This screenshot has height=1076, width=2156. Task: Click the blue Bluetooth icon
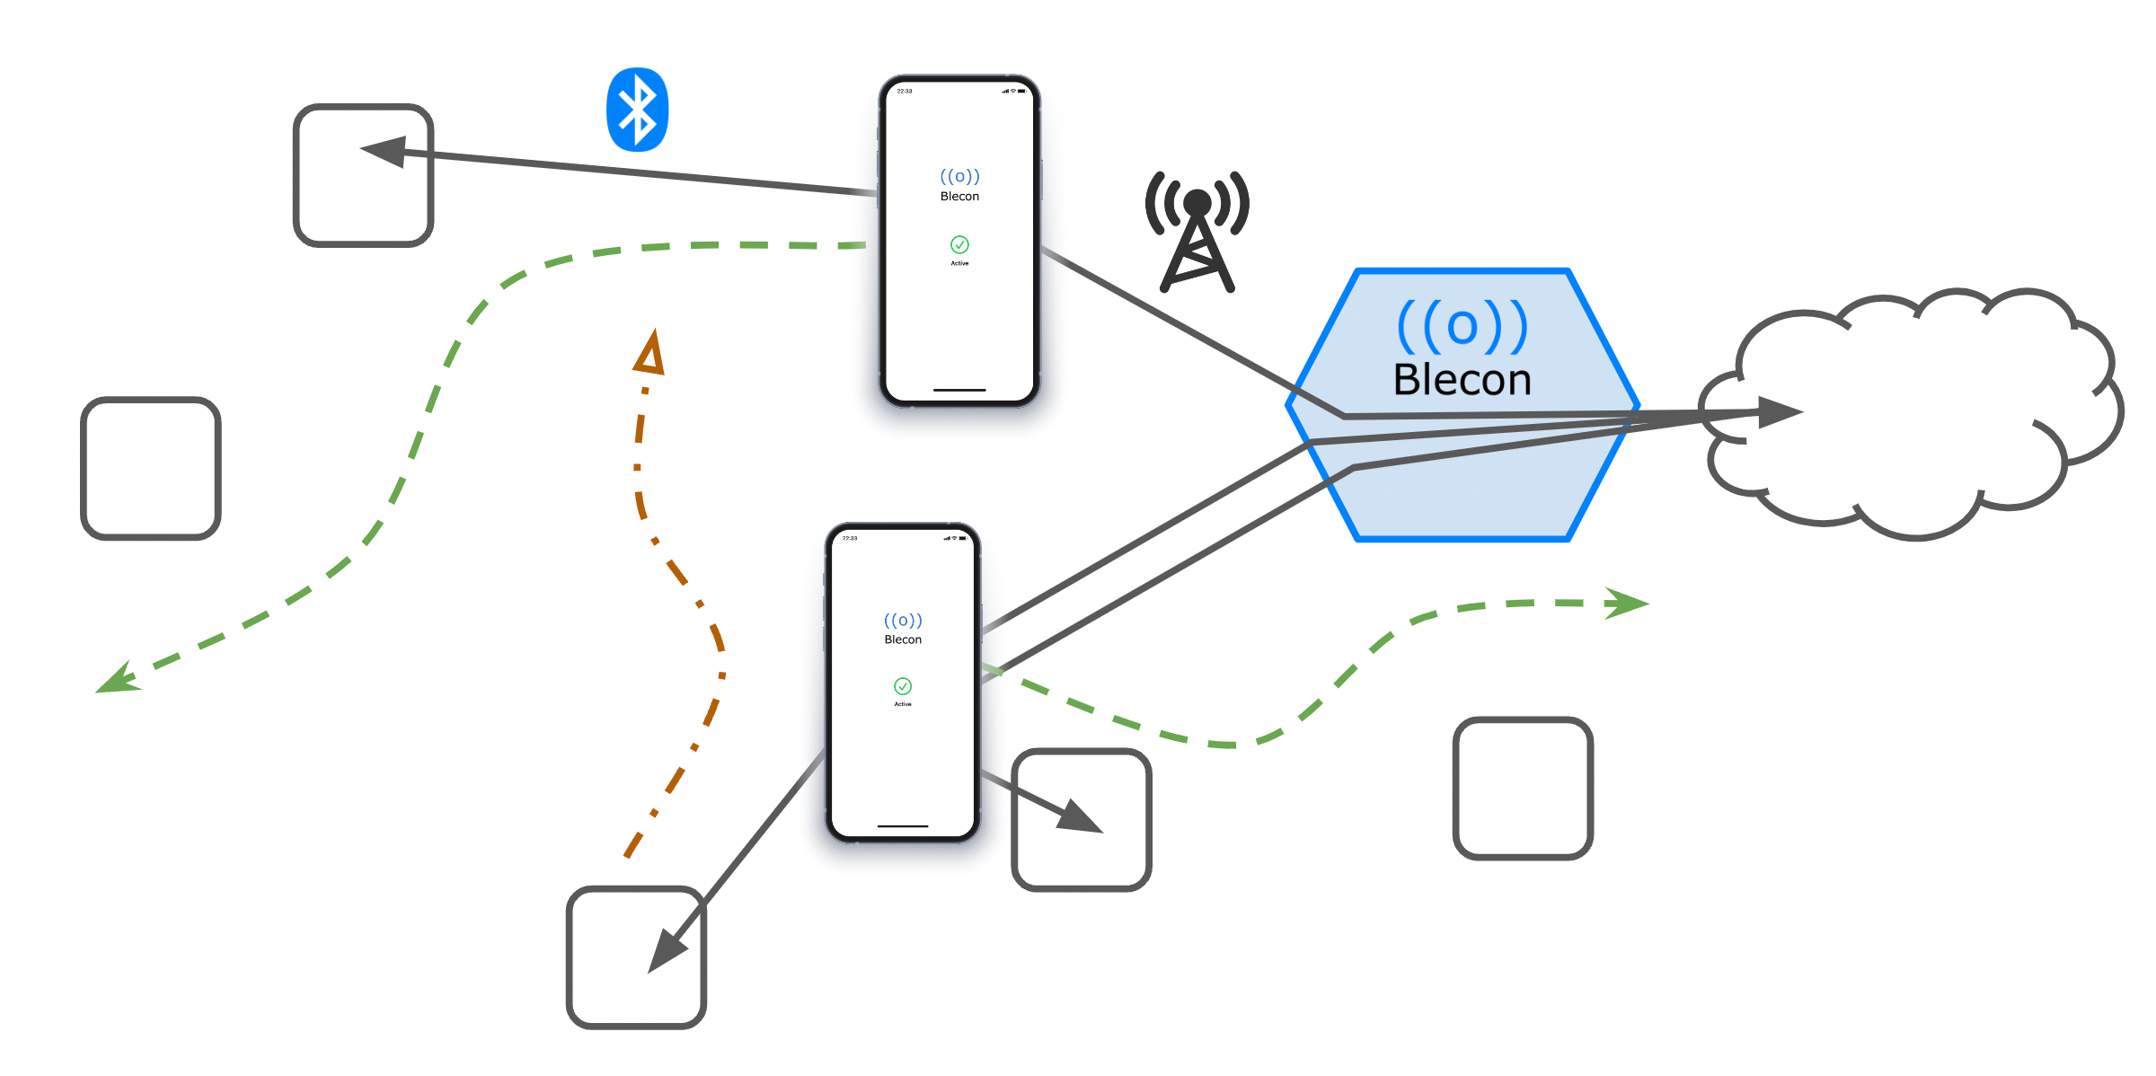(637, 110)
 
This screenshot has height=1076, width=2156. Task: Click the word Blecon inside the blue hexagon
(1462, 380)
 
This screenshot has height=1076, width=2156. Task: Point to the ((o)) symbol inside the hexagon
(1462, 326)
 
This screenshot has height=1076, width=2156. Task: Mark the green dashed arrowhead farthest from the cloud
(118, 679)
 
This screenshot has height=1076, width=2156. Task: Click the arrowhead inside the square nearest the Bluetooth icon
(384, 151)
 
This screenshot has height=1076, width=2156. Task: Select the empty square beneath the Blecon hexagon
(1523, 788)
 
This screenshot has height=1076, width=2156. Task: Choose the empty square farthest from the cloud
(151, 468)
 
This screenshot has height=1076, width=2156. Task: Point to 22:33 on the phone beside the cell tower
(905, 92)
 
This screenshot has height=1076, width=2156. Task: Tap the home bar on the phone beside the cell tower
(959, 390)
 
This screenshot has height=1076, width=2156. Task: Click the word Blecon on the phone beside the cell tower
(959, 197)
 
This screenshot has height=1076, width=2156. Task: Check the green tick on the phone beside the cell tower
(959, 244)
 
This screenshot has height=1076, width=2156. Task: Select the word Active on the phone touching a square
(903, 704)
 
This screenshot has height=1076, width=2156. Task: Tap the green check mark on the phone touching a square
(903, 686)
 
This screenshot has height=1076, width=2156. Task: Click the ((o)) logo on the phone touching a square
(903, 621)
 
